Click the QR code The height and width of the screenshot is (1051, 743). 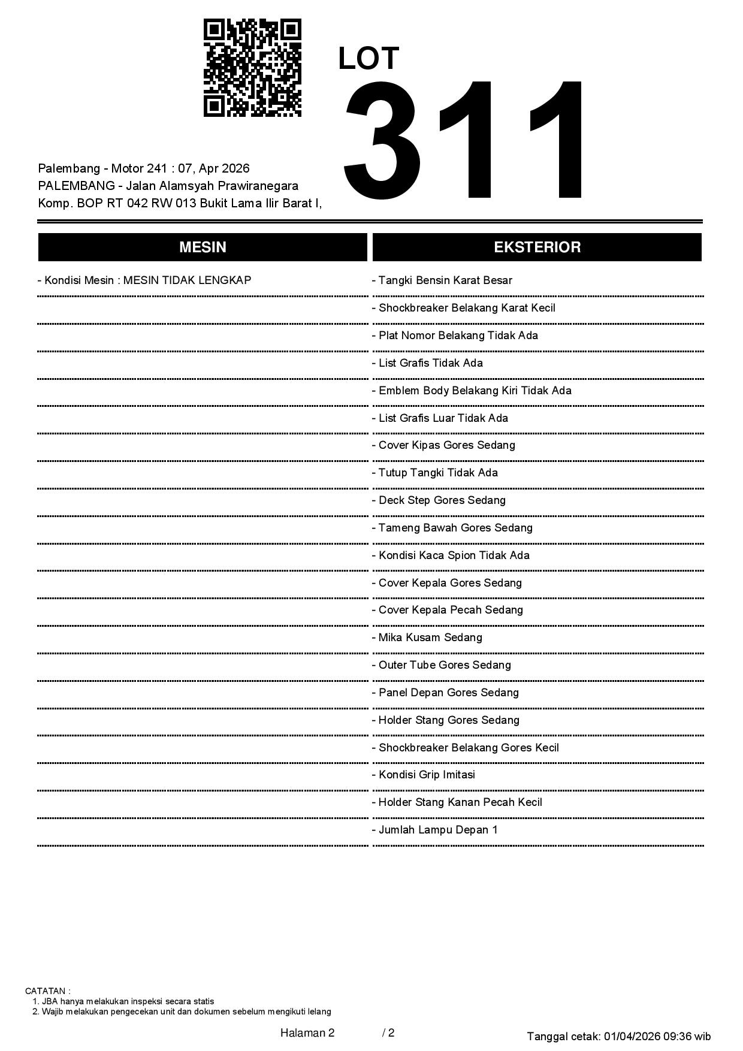(x=252, y=68)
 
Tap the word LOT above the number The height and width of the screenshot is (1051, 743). (x=369, y=59)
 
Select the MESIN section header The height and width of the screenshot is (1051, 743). (x=203, y=247)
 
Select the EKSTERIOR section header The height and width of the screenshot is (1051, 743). (x=537, y=247)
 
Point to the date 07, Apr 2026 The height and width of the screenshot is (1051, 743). (x=214, y=168)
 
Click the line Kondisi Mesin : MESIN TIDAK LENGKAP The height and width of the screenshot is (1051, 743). (x=144, y=280)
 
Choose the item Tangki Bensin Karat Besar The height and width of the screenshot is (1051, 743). (x=442, y=280)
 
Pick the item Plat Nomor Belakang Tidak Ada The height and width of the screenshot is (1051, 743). (x=455, y=336)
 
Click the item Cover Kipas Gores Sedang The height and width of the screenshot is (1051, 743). (x=444, y=445)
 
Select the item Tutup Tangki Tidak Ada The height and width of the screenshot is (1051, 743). (x=435, y=473)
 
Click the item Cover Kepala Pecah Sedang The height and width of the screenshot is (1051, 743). (x=448, y=610)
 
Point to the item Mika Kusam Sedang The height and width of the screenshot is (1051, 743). (x=427, y=638)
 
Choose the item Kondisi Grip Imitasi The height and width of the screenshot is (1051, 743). (x=424, y=775)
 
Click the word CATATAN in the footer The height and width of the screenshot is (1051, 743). (x=47, y=991)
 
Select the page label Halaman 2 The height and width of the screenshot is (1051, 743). (x=307, y=1032)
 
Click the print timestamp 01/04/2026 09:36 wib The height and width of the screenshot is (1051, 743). (x=657, y=1036)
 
